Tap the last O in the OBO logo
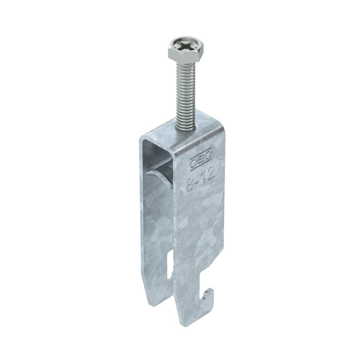(208, 155)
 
